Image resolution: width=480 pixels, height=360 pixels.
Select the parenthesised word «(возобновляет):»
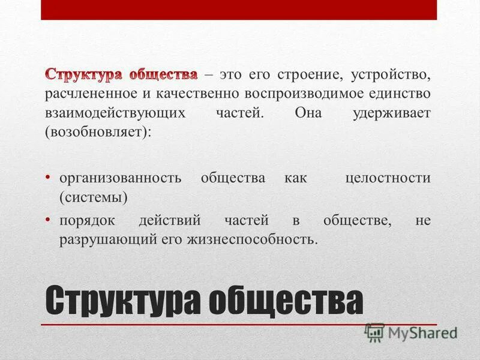[x=96, y=132]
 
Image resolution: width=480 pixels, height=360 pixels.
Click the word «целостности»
[x=388, y=178]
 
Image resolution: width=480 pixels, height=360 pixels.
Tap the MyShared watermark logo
[x=412, y=331]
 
